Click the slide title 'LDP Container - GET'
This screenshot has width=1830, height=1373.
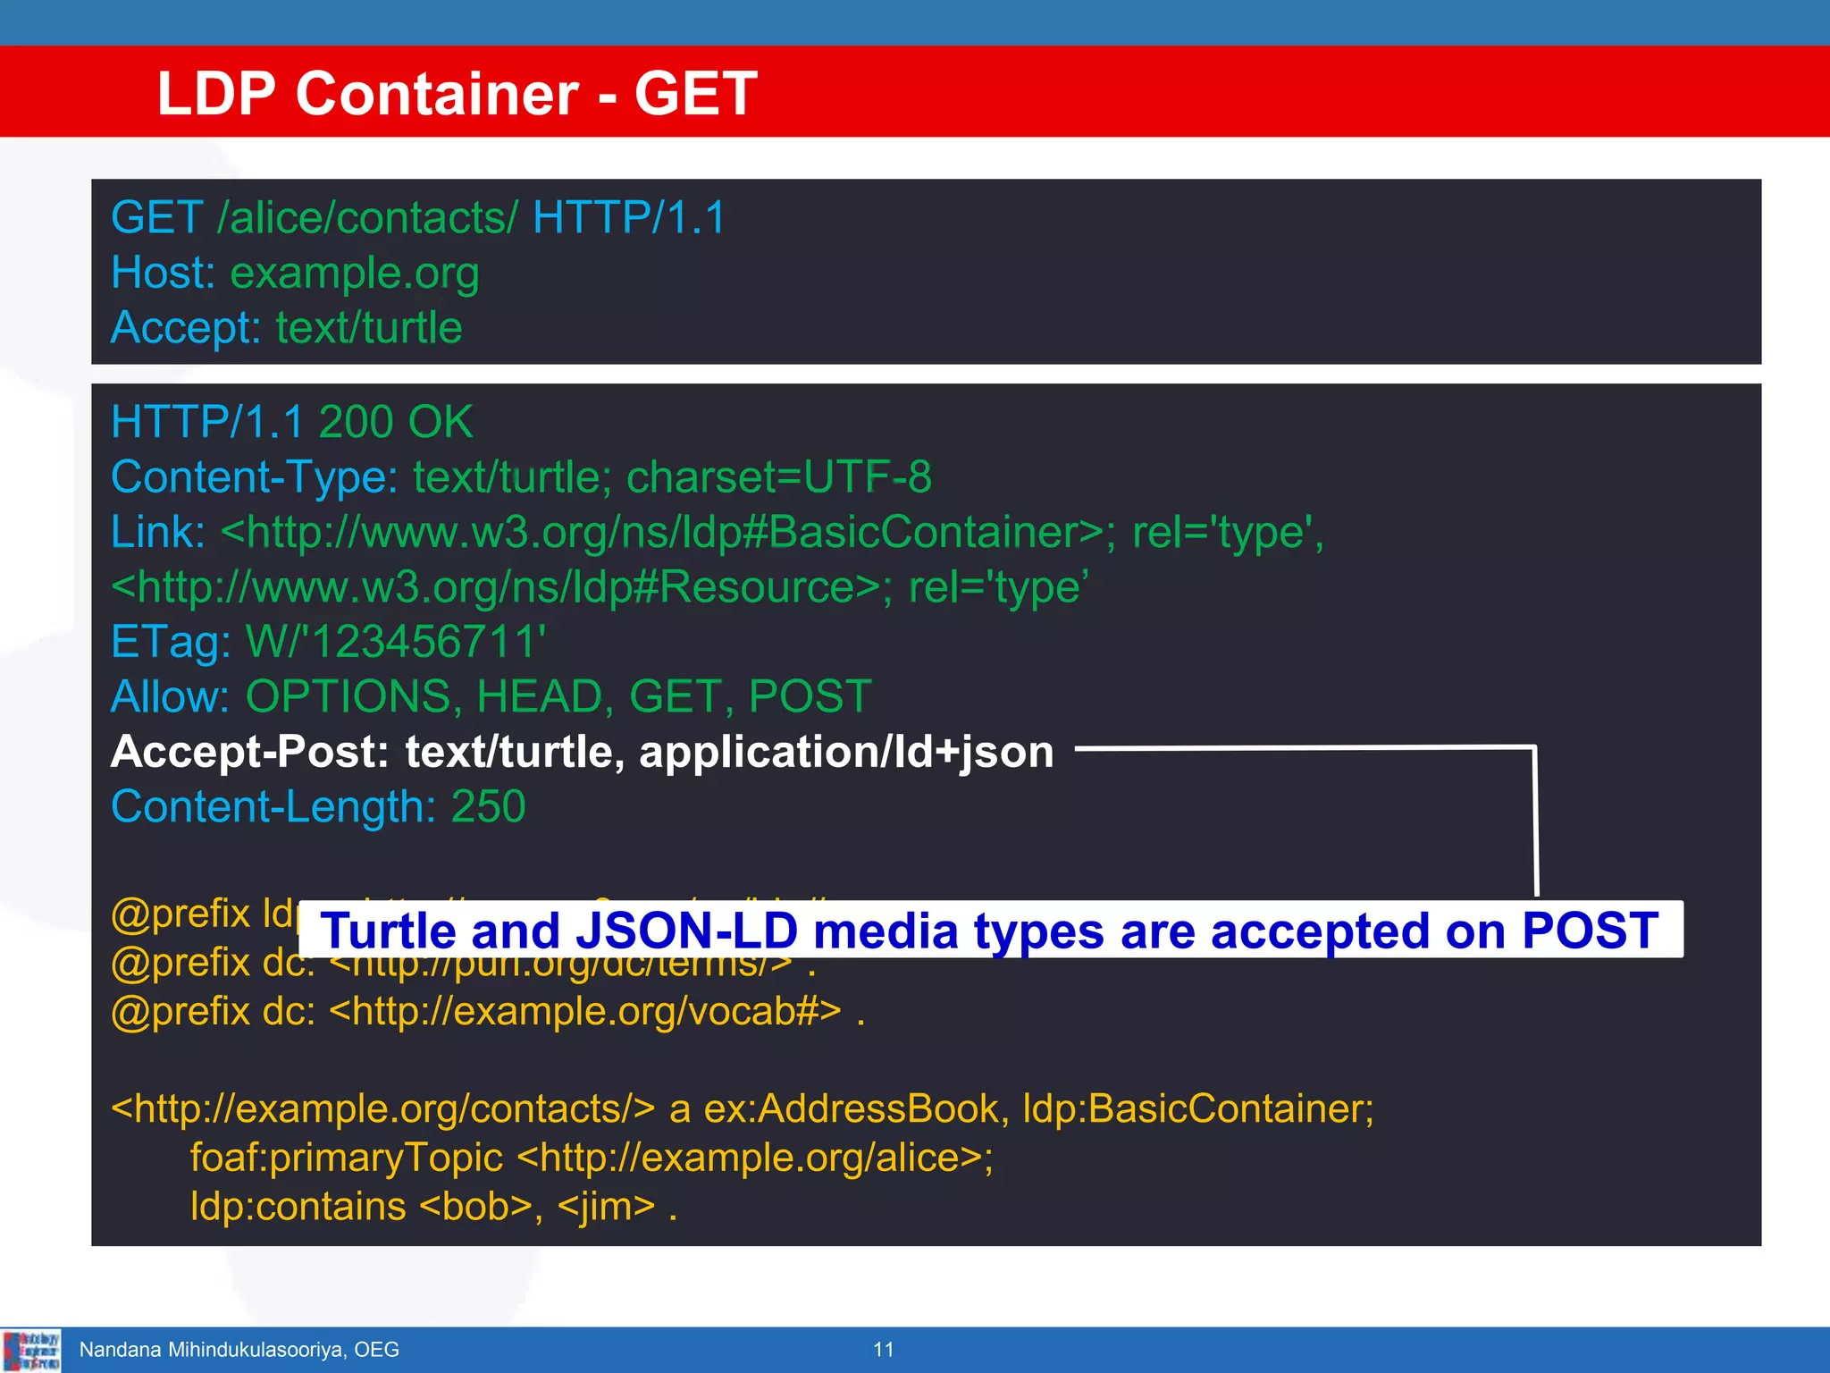[457, 93]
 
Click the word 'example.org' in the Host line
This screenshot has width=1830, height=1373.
[355, 273]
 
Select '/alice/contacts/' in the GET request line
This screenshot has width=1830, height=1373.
[367, 217]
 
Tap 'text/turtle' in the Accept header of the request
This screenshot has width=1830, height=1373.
[369, 327]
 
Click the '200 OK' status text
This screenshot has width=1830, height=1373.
[396, 422]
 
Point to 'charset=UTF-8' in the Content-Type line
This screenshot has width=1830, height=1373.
[778, 476]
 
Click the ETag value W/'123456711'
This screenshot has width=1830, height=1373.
[396, 641]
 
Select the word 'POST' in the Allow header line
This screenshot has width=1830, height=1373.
[810, 696]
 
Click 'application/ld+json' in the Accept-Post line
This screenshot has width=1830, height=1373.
[846, 752]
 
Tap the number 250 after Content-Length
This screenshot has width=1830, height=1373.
[488, 806]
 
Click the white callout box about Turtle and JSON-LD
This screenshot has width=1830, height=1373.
[989, 931]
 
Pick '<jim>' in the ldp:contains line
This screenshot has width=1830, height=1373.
[607, 1207]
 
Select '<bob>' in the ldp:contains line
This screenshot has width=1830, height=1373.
[476, 1207]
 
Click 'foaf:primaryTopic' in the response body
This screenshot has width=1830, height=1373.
[347, 1158]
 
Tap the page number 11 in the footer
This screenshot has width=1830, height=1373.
[883, 1349]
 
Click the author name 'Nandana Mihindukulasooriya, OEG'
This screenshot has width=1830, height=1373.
[239, 1349]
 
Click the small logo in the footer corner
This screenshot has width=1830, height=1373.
[31, 1350]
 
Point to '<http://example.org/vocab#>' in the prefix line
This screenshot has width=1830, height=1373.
[585, 1011]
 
